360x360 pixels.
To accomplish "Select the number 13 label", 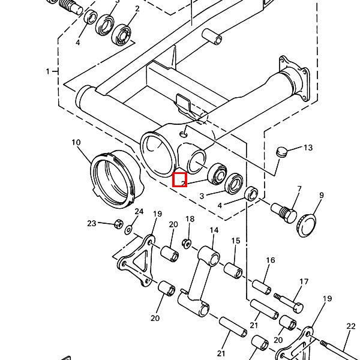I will [308, 148].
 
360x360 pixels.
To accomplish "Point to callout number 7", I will [299, 190].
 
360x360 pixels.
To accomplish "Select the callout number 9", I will [321, 196].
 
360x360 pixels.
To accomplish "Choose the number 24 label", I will [139, 212].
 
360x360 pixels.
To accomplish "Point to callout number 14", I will [214, 230].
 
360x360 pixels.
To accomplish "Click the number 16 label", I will [271, 260].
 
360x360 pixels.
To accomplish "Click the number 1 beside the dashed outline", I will [47, 71].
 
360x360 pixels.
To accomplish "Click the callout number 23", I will [91, 224].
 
